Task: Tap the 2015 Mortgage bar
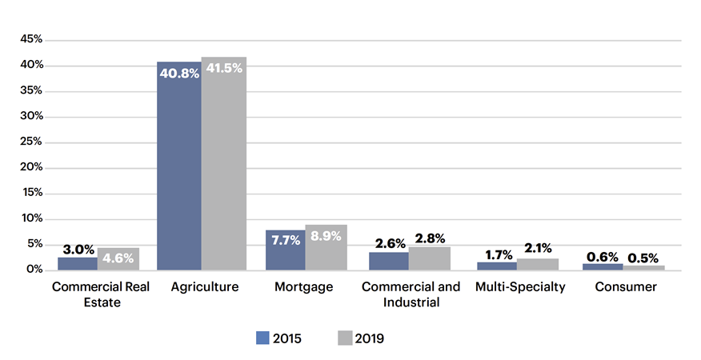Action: point(286,250)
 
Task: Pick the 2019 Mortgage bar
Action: point(326,247)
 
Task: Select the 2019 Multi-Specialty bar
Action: point(539,264)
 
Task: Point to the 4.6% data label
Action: point(118,258)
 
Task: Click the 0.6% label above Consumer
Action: point(602,257)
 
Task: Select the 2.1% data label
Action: point(539,249)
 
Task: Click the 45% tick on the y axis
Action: point(31,39)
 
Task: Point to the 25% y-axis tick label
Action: point(31,142)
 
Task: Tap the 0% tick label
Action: point(34,270)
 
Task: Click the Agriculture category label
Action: point(205,287)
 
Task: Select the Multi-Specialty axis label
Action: point(520,287)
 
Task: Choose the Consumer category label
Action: point(627,287)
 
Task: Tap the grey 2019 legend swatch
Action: point(346,338)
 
